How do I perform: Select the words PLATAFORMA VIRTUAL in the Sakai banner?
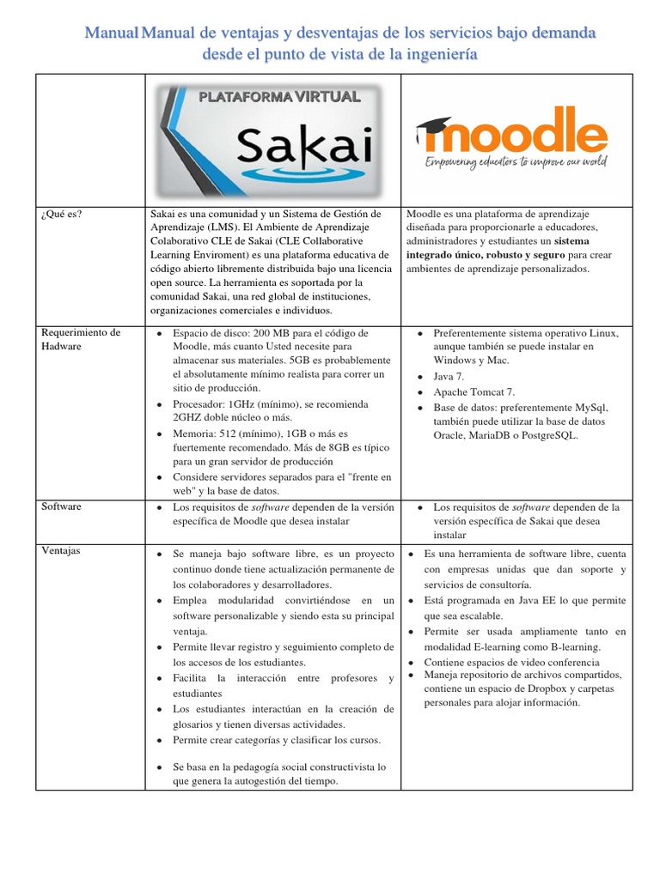coord(279,96)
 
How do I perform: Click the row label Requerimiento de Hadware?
coord(81,339)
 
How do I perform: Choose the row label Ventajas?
coord(61,550)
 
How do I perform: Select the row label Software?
coord(62,506)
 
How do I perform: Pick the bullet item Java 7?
coord(449,376)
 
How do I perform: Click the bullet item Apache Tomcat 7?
coord(474,391)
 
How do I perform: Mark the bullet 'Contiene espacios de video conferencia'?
coord(511,662)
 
